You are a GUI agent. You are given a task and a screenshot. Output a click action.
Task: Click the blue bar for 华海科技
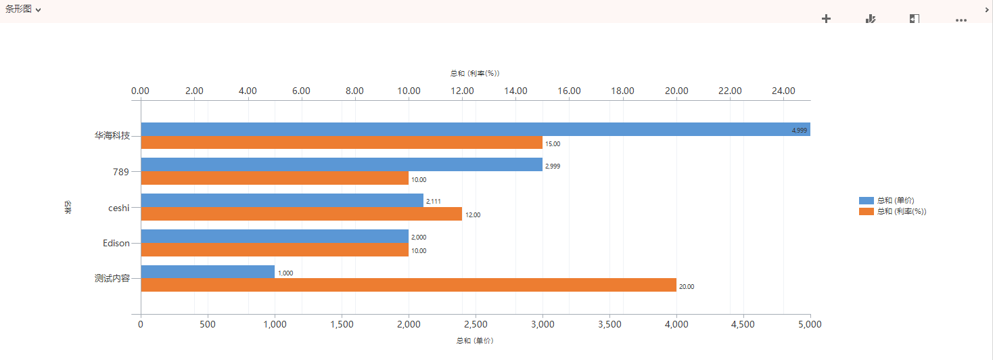(x=474, y=129)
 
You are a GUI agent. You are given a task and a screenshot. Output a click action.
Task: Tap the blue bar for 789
(x=342, y=164)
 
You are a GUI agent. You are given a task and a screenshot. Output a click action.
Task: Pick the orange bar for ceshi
(x=301, y=214)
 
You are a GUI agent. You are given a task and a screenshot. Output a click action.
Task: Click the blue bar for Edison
(x=275, y=236)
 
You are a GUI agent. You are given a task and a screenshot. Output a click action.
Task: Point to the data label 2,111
(x=433, y=201)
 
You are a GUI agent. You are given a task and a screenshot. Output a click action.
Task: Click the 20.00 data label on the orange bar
(x=687, y=287)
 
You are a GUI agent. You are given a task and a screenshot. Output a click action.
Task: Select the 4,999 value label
(x=799, y=130)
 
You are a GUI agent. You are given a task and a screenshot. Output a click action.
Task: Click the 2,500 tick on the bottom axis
(x=476, y=324)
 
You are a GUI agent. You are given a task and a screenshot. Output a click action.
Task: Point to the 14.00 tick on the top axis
(x=515, y=91)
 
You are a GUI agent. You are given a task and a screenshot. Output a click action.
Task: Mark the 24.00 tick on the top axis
(x=783, y=91)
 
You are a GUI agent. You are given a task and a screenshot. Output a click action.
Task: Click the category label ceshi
(x=119, y=208)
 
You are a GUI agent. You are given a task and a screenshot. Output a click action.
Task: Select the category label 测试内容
(x=112, y=278)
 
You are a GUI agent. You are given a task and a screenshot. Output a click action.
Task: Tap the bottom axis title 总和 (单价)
(x=475, y=341)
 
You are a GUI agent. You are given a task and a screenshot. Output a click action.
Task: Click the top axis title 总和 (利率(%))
(x=475, y=73)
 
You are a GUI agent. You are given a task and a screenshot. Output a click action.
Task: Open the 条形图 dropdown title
(x=23, y=9)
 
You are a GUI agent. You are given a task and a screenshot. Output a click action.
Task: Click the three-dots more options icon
(x=961, y=20)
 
